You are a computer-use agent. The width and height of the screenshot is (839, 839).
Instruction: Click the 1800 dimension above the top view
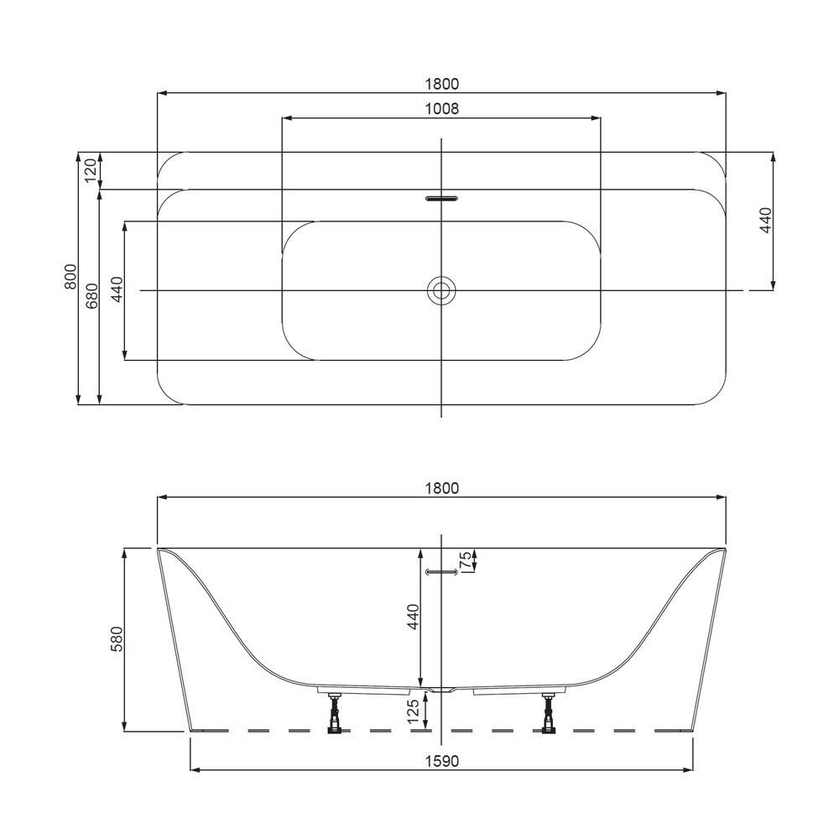[441, 83]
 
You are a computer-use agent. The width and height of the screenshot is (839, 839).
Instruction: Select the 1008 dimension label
[441, 108]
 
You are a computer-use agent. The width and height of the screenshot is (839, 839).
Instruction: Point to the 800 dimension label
[70, 277]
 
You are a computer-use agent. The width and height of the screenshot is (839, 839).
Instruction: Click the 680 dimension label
[91, 295]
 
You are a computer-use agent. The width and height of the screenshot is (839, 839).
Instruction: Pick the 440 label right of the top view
[764, 220]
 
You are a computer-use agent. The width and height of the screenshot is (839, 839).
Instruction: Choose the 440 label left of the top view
[117, 289]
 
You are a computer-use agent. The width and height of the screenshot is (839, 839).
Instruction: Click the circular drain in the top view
[440, 290]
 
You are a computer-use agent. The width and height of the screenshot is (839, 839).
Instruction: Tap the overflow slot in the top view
[441, 200]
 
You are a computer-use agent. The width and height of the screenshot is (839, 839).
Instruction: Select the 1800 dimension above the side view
[441, 488]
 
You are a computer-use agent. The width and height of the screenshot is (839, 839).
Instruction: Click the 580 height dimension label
[117, 638]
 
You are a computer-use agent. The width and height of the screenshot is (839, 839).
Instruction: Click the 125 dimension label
[412, 711]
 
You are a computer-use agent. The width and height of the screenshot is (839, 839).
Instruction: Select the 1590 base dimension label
[441, 761]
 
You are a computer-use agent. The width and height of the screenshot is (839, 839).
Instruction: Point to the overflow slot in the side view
[441, 571]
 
